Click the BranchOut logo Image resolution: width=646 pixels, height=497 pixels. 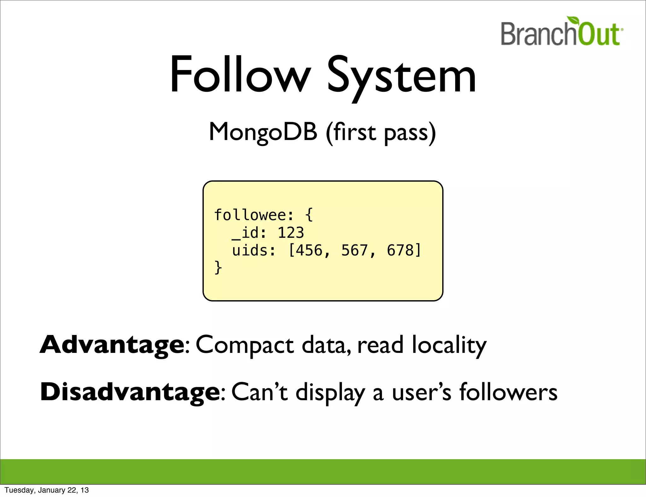tap(561, 33)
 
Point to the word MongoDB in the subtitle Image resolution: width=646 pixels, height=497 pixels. tap(263, 132)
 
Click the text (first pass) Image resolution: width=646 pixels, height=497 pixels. tap(381, 132)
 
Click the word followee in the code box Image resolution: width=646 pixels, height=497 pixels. tap(250, 215)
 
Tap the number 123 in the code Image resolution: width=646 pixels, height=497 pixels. tap(291, 233)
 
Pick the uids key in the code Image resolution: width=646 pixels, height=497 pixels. tap(250, 250)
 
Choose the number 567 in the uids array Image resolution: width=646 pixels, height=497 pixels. tap(355, 250)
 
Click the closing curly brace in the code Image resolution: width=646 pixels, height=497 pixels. tap(218, 268)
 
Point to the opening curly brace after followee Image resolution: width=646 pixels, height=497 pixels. tap(309, 215)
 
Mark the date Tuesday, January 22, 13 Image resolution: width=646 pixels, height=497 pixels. tap(47, 490)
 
